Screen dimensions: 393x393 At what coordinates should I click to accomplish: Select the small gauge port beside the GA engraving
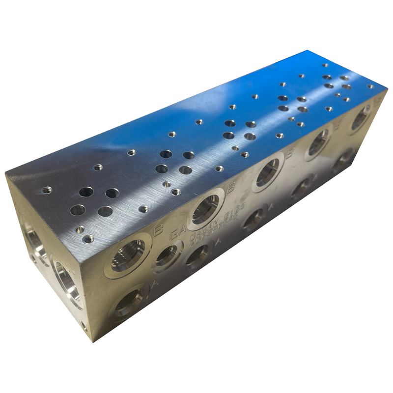167,255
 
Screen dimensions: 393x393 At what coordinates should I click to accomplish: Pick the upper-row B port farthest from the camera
361,117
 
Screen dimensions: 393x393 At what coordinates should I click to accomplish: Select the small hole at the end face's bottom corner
84,325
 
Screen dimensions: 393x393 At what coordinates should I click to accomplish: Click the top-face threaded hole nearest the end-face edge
47,190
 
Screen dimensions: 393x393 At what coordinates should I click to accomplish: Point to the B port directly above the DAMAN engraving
205,209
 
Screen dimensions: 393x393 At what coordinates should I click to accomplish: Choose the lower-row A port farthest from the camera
342,159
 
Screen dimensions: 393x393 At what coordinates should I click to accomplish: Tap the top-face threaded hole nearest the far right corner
370,86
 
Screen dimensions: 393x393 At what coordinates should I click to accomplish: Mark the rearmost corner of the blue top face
309,51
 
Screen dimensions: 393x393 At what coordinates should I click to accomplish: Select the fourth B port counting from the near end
318,142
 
